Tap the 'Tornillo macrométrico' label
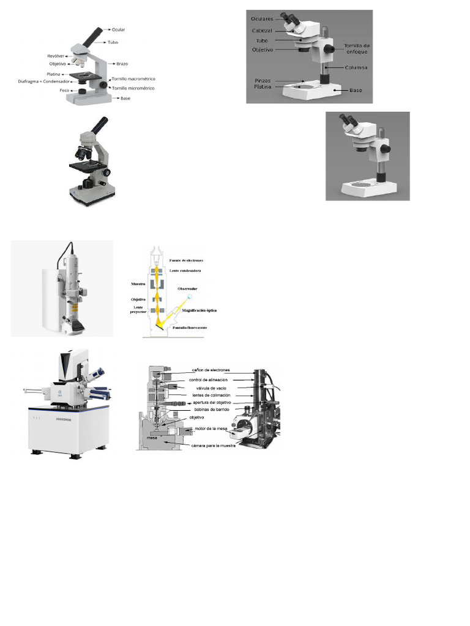(133, 79)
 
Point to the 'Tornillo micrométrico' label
(133, 89)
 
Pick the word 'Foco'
(64, 90)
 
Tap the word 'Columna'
(356, 67)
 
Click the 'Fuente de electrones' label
(190, 260)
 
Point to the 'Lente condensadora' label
(186, 270)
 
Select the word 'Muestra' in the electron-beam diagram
(138, 284)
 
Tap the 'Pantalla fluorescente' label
(190, 328)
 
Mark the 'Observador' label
(188, 288)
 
